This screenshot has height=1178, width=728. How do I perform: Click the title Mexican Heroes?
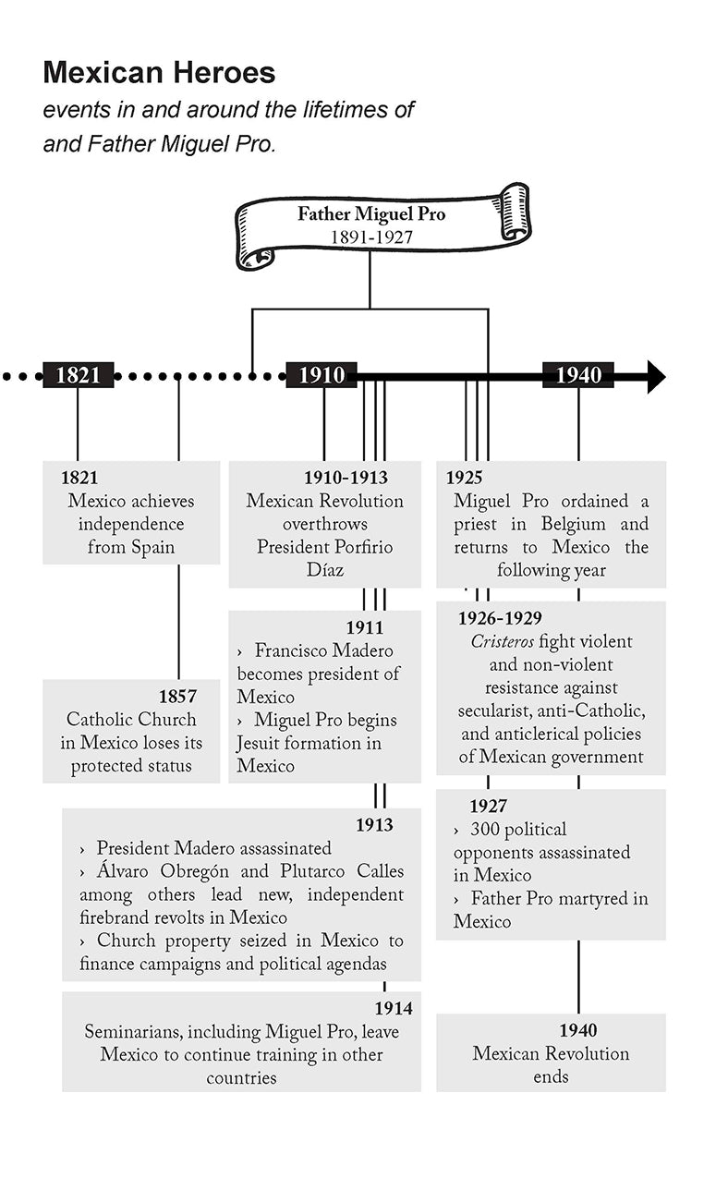159,72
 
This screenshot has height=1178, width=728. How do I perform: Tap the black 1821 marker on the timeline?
79,375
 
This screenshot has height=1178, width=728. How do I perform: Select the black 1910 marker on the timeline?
322,375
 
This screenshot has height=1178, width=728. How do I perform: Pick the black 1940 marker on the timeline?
578,375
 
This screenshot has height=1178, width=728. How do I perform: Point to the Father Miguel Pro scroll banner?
381,225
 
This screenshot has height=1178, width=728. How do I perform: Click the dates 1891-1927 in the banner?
371,237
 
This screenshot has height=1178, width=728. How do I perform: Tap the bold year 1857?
177,697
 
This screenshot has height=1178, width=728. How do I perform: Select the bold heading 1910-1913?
346,478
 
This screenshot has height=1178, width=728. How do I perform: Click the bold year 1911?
364,628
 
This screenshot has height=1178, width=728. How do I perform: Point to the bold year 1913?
374,825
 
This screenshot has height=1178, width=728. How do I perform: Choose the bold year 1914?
394,1009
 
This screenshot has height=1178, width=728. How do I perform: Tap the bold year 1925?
465,478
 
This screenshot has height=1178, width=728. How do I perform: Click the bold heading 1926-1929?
500,618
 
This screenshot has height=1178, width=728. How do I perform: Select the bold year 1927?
488,807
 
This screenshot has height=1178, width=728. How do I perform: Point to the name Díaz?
325,570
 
